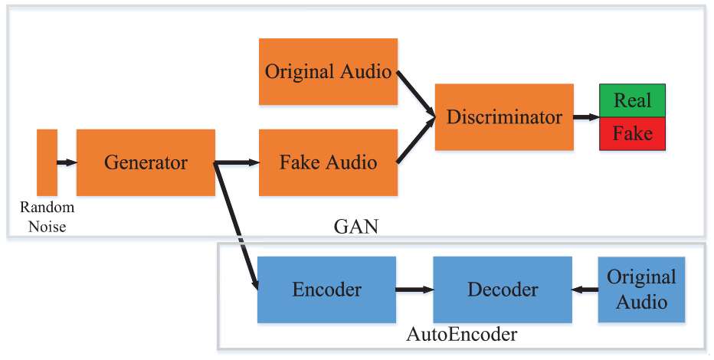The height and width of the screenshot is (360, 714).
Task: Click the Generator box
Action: click(x=146, y=162)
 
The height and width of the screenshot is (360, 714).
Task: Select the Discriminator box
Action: click(x=504, y=117)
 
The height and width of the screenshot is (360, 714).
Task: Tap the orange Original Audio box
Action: click(x=329, y=71)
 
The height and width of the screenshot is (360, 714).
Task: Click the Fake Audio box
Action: click(x=329, y=162)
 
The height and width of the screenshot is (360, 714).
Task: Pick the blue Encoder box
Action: click(x=326, y=290)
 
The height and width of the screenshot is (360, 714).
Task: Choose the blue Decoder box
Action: click(x=503, y=290)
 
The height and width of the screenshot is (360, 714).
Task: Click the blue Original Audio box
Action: click(x=641, y=290)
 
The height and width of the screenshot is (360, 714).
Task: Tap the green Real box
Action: click(x=633, y=100)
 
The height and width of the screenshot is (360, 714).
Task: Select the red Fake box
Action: click(x=633, y=134)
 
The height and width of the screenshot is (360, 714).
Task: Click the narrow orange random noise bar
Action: click(x=47, y=162)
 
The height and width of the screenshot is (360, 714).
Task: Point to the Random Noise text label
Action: click(x=47, y=217)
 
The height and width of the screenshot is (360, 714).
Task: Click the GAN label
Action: click(x=356, y=226)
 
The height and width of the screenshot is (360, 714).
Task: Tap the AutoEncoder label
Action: click(x=462, y=335)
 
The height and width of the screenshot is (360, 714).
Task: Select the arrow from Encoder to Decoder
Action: click(x=414, y=290)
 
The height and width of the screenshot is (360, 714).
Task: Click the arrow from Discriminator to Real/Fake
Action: click(x=587, y=117)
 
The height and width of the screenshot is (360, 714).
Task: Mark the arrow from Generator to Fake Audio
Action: click(x=237, y=162)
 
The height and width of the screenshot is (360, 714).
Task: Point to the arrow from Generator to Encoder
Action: click(x=236, y=226)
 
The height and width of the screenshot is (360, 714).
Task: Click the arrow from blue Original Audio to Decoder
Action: click(x=585, y=290)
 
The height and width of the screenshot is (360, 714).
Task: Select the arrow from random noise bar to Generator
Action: click(x=67, y=162)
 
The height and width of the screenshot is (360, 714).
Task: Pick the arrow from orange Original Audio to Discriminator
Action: click(x=416, y=93)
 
